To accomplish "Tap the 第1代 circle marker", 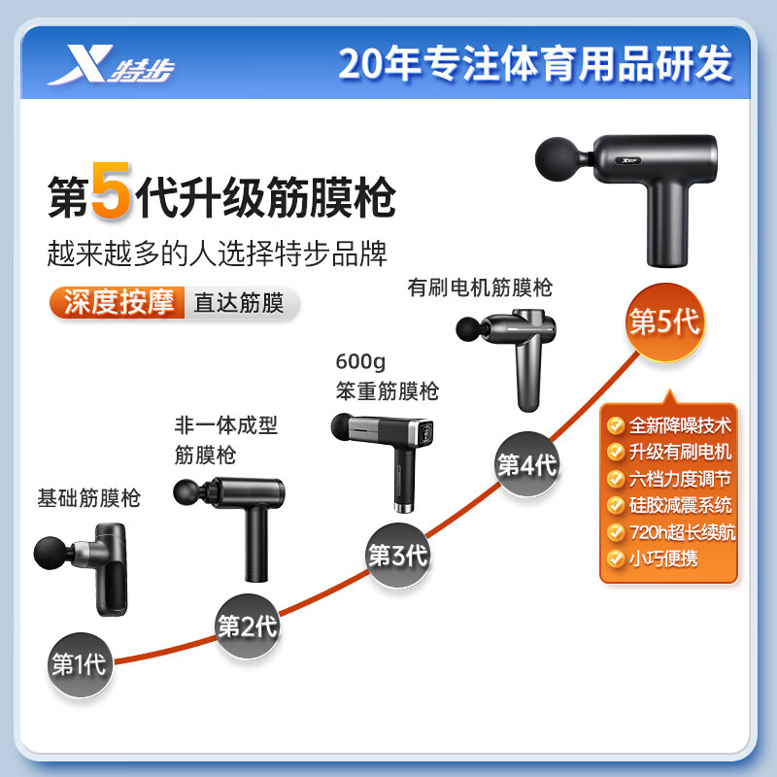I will (x=78, y=665).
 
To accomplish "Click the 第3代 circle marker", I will (x=397, y=557).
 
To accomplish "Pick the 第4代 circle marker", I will (x=526, y=464).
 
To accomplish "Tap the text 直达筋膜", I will (x=239, y=303).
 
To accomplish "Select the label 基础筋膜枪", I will (x=88, y=499).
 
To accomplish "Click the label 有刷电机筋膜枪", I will (x=480, y=287).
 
